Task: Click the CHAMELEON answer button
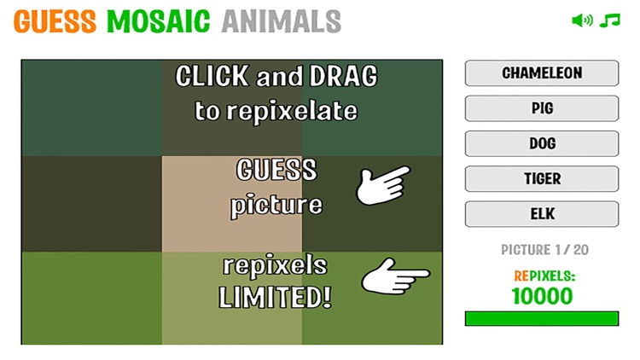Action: (x=541, y=73)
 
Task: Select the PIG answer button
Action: (x=541, y=108)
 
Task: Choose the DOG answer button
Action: (x=541, y=143)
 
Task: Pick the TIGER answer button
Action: (x=541, y=178)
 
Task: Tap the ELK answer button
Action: (x=541, y=213)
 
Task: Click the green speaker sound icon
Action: (x=582, y=20)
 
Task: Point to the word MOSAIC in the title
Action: (x=158, y=21)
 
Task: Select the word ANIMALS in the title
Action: (x=281, y=21)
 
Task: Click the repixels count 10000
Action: (x=542, y=296)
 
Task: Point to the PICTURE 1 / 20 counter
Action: (x=542, y=250)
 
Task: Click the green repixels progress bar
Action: (x=542, y=318)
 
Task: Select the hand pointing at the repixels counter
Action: (x=394, y=277)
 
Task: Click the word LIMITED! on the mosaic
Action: (x=275, y=299)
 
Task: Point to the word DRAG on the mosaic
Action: (x=341, y=78)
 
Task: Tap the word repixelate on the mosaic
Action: (x=275, y=111)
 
